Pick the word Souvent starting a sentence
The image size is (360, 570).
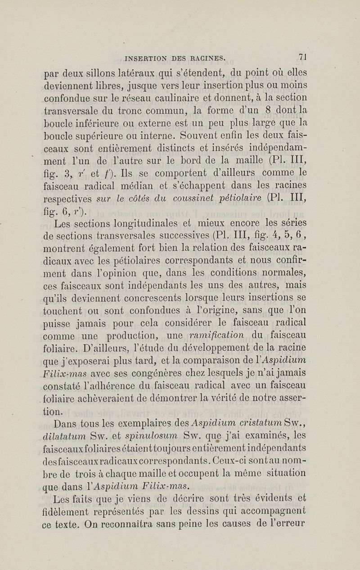click(199, 134)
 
